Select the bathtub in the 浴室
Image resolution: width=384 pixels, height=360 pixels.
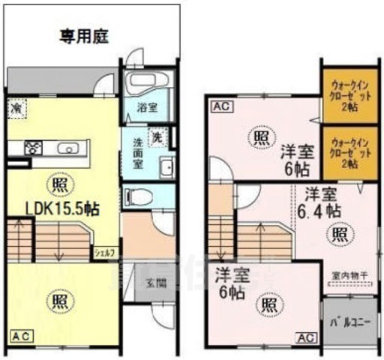[147, 84]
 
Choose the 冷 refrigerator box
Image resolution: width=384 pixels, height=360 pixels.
[16, 109]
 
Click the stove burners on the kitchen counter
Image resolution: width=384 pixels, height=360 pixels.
[34, 148]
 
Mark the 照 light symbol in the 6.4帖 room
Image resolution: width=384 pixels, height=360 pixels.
[340, 232]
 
